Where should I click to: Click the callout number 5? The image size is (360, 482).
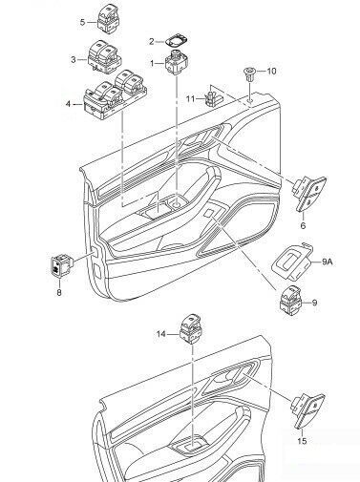point(83,22)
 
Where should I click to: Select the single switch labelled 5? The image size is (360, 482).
point(108,18)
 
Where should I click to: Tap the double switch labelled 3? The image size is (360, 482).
point(104,55)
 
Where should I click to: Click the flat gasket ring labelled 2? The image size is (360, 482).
point(176,40)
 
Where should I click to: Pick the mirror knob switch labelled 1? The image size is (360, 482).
point(176,62)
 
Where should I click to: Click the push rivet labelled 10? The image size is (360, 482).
point(249,74)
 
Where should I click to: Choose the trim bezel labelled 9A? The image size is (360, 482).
point(292,260)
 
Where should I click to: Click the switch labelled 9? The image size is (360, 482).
point(290,300)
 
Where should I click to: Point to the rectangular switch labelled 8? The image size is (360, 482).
point(61,264)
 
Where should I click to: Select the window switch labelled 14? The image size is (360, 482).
point(191,329)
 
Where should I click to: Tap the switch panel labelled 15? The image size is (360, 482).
point(308,410)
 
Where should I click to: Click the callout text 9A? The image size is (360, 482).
point(328,262)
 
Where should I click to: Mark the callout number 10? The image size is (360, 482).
point(271,71)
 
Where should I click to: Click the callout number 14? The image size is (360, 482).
point(161,334)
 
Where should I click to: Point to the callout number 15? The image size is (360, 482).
point(302,441)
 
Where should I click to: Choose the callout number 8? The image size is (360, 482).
point(59,292)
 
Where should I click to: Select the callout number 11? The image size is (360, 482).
point(190,99)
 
